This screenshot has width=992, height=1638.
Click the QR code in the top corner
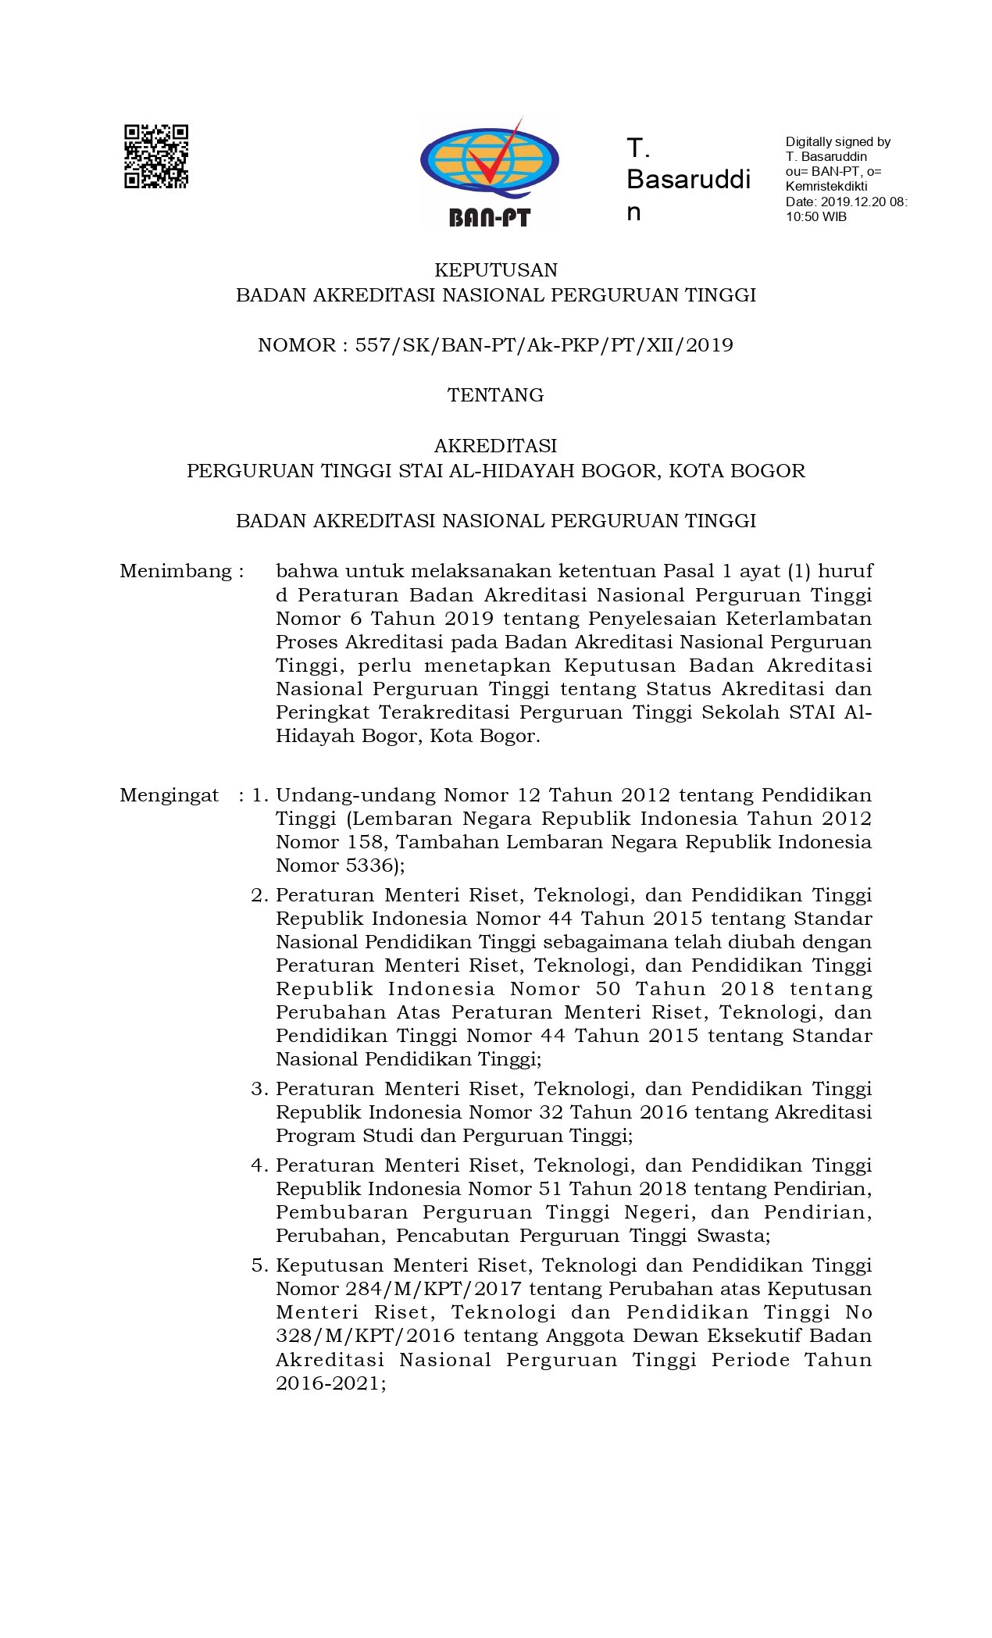156,156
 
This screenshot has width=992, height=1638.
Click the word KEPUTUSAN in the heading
496,270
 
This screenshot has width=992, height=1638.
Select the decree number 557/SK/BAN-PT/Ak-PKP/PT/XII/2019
544,345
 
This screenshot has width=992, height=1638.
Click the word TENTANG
496,395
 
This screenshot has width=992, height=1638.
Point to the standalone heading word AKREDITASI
496,446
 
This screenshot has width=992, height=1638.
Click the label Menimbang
177,571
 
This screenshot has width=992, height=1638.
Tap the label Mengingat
169,795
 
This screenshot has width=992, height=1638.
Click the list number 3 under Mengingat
259,1089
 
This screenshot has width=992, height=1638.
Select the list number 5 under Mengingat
259,1265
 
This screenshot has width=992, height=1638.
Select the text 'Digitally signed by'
838,142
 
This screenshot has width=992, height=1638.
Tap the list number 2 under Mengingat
259,895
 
